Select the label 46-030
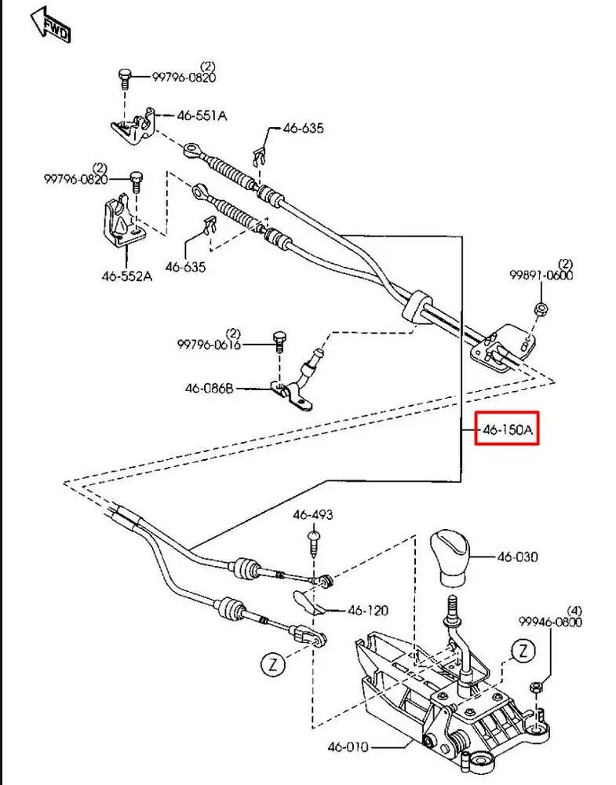[x=517, y=557]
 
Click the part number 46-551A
[x=202, y=115]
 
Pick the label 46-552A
[x=126, y=276]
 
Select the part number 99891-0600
[x=541, y=276]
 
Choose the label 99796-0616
[x=208, y=345]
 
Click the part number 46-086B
[x=210, y=388]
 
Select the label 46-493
[x=313, y=516]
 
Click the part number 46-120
[x=368, y=610]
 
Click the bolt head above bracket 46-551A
[x=124, y=75]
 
